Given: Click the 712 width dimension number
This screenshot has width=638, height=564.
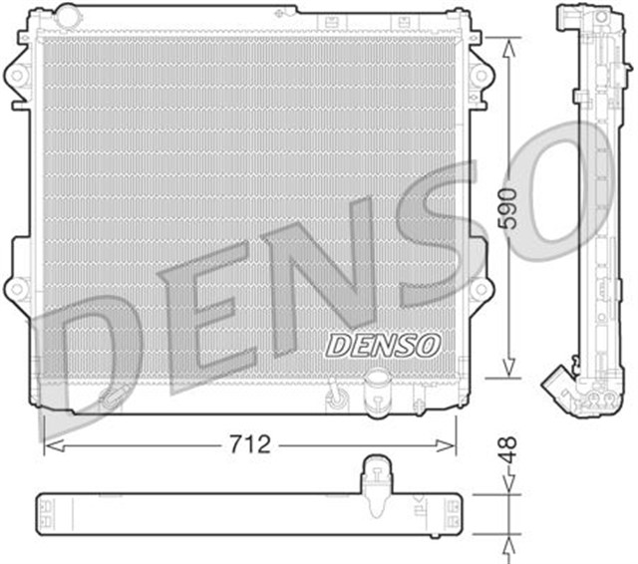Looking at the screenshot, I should (250, 444).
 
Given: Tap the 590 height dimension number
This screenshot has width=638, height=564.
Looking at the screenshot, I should (509, 207).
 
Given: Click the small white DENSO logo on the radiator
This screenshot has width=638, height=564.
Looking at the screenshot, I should (383, 345).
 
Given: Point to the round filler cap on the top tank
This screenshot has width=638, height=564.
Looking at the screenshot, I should (68, 15).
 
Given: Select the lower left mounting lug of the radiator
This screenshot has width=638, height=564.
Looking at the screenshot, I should (17, 289).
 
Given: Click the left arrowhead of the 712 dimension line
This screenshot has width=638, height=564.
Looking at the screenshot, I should (50, 445).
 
